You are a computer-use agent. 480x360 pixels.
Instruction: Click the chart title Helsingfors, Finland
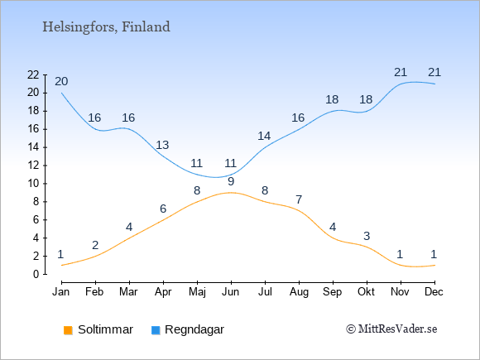click(x=106, y=27)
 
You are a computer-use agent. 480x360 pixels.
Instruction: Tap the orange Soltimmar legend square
click(x=68, y=330)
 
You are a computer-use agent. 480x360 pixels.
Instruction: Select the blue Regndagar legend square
click(x=156, y=330)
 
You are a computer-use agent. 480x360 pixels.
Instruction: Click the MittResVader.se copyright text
click(x=391, y=329)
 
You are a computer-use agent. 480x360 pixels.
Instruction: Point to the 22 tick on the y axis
click(x=33, y=74)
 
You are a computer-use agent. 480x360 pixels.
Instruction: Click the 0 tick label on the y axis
click(x=36, y=274)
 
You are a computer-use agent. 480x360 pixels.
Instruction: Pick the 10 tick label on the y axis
click(x=33, y=184)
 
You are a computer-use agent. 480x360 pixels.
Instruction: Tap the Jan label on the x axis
click(x=61, y=292)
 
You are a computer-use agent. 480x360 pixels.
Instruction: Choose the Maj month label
click(x=197, y=292)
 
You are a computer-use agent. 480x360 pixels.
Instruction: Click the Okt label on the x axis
click(x=366, y=292)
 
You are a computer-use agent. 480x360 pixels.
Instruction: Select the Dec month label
click(x=434, y=292)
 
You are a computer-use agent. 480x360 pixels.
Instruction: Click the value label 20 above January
click(x=61, y=81)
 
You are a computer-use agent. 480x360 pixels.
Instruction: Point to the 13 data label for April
click(x=162, y=145)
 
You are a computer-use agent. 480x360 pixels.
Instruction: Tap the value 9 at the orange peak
click(x=231, y=181)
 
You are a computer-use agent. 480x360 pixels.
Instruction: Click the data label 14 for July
click(x=264, y=136)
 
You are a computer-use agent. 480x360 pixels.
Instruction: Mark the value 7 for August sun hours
click(x=299, y=199)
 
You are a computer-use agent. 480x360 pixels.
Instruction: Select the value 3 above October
click(x=367, y=236)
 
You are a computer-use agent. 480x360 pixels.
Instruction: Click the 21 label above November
click(x=401, y=72)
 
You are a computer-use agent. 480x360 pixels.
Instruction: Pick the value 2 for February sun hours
click(x=95, y=245)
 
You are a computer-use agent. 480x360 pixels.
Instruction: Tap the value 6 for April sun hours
click(x=163, y=209)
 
